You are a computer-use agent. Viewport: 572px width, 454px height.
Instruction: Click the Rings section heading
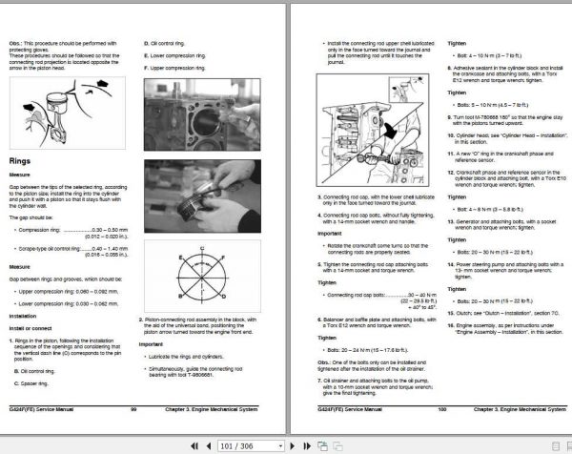click(24, 161)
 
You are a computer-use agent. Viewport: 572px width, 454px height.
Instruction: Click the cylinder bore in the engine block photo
click(205, 115)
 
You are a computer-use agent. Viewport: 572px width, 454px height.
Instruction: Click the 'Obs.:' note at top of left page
click(16, 43)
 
